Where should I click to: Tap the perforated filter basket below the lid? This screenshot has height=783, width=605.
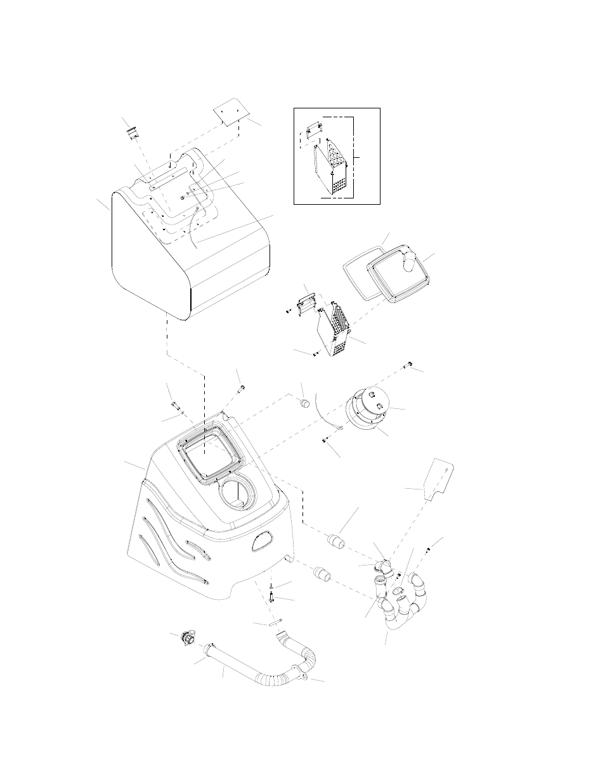(337, 333)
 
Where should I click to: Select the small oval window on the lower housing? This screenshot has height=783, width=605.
(261, 540)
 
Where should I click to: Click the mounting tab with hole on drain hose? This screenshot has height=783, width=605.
(302, 678)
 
